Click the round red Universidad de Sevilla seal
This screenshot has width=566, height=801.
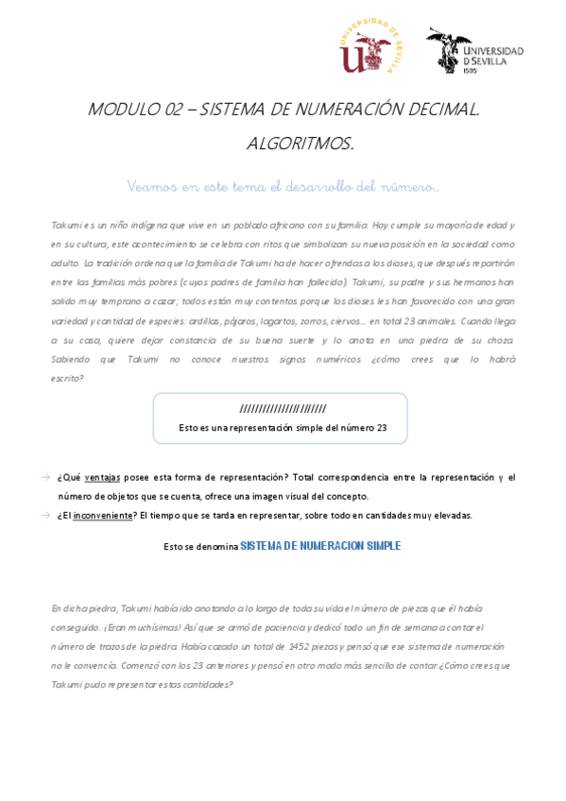coord(368,46)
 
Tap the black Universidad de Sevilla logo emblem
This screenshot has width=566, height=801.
coord(448,49)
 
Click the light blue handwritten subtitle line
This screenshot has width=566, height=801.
coord(283,187)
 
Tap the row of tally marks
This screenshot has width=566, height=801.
coord(283,409)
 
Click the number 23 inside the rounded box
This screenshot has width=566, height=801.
coord(381,428)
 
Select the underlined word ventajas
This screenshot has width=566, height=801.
coord(102,478)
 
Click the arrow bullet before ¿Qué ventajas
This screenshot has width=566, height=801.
coord(46,478)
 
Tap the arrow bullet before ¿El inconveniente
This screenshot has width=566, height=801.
coord(46,515)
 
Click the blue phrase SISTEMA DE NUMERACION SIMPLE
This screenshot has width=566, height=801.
coord(320,546)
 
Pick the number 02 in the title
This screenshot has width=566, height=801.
coord(172,110)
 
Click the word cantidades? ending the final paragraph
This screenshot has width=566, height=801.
coord(200,683)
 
